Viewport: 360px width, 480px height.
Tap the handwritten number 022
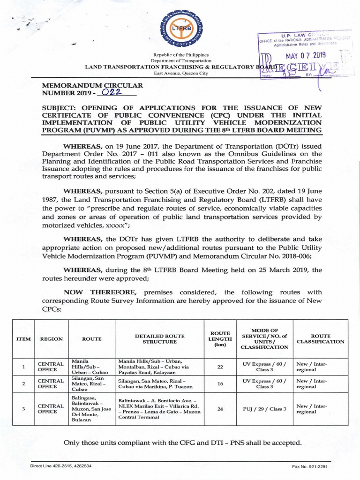(106, 93)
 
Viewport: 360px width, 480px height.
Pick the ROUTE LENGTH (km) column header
(220, 339)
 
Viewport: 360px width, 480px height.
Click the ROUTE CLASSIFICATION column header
(321, 339)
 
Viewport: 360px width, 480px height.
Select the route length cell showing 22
(220, 367)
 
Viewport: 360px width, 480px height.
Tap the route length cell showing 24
(220, 409)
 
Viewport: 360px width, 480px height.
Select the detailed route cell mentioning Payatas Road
(160, 367)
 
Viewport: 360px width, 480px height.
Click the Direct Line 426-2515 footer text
(61, 466)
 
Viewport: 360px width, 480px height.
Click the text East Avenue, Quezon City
(180, 73)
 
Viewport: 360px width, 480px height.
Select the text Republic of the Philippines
(180, 55)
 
